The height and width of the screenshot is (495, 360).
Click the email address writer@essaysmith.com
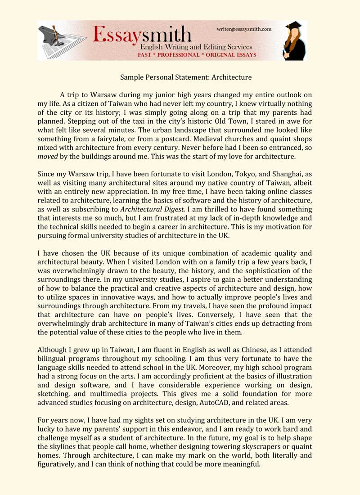click(x=244, y=29)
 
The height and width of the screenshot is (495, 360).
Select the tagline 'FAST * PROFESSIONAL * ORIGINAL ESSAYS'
click(x=197, y=55)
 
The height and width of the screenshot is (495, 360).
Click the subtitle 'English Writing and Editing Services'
click(x=196, y=47)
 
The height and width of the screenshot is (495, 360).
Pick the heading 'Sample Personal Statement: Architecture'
click(x=185, y=77)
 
